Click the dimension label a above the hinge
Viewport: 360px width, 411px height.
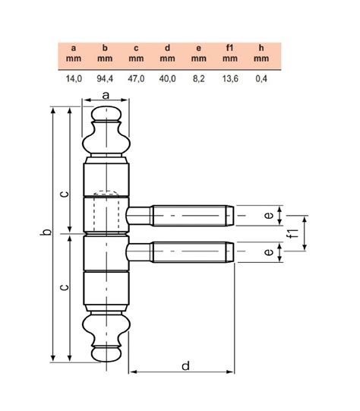point(106,94)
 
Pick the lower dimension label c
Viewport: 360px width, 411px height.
point(65,287)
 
